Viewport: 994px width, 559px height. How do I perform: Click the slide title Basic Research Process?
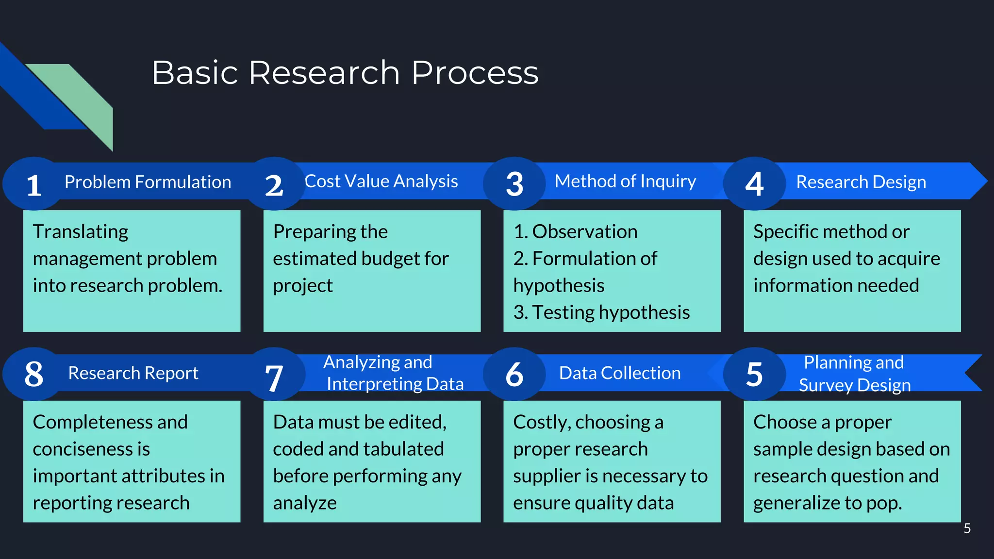pos(345,73)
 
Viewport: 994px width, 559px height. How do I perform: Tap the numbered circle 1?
pos(33,184)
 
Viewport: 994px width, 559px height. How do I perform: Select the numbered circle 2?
pos(274,184)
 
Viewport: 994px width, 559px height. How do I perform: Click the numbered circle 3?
pos(514,184)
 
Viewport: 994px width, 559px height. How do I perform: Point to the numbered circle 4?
pos(754,184)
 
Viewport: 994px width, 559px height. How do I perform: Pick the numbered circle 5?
pos(754,374)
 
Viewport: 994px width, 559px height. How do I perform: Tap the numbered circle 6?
pos(514,374)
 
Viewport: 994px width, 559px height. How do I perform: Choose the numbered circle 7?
pos(274,375)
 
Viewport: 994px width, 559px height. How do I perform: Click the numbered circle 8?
pos(33,374)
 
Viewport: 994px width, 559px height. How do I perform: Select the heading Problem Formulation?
pos(148,182)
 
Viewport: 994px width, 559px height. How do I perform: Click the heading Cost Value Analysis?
pos(381,181)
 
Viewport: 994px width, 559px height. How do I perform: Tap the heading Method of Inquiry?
pos(625,181)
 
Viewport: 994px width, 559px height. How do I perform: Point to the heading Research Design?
pos(861,182)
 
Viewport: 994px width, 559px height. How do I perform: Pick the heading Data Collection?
pos(620,373)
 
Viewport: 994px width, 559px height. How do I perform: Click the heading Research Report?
pos(133,373)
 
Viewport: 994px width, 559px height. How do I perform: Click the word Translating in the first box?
pos(81,231)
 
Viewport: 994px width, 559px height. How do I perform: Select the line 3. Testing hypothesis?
pos(601,312)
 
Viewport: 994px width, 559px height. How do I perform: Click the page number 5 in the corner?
pos(967,528)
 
